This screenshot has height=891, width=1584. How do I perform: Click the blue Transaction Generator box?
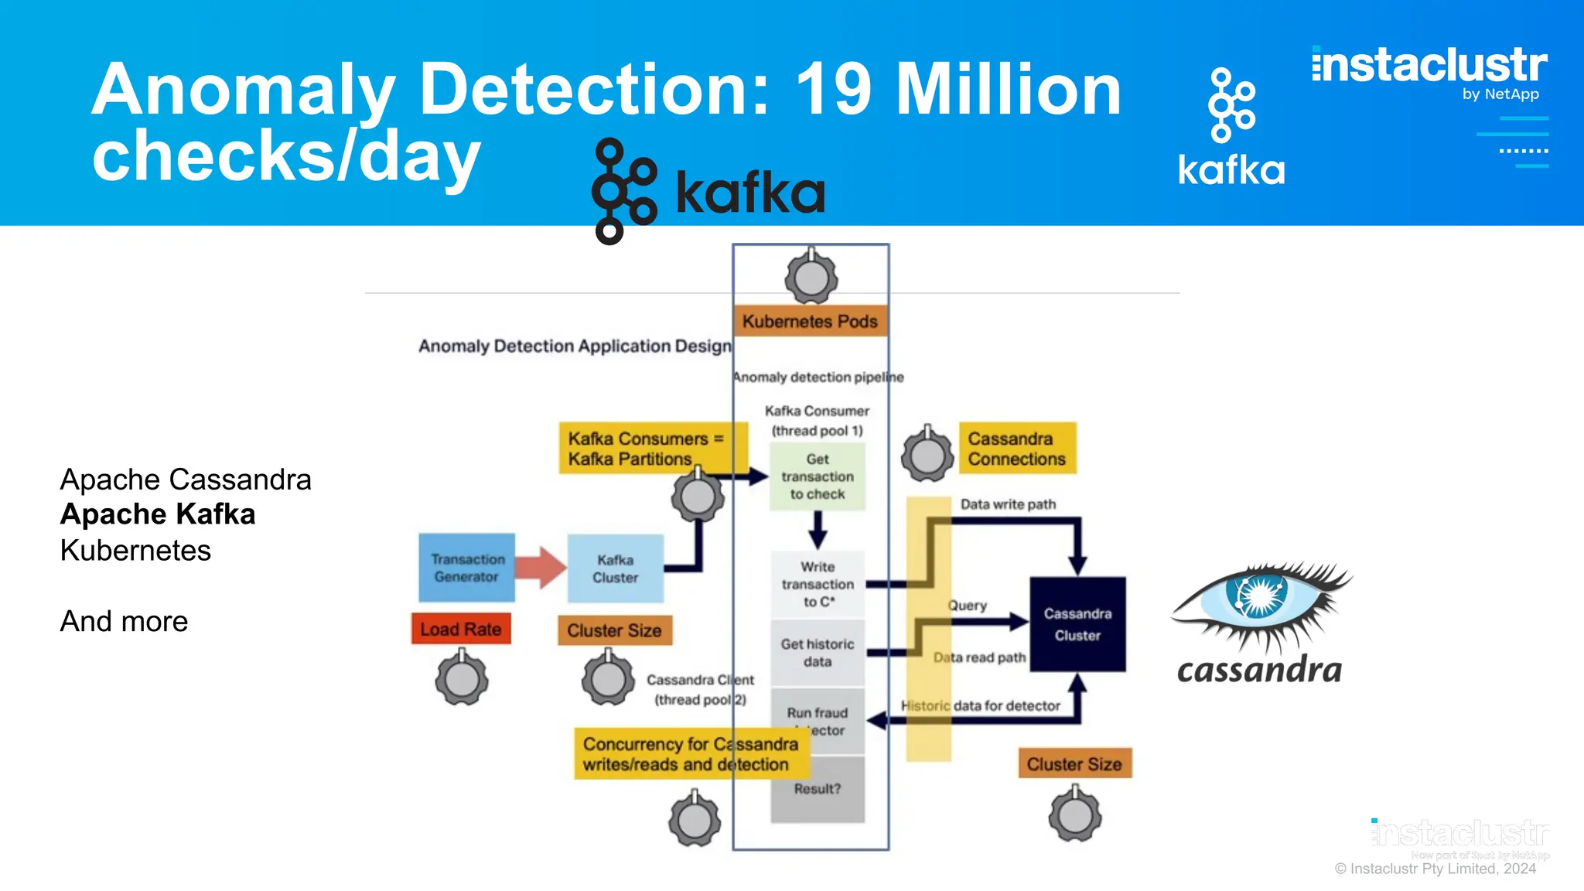[466, 568]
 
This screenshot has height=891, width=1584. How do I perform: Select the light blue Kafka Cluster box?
[616, 568]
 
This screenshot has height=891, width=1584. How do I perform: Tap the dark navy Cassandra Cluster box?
[1077, 624]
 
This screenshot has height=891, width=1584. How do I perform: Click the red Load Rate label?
[461, 630]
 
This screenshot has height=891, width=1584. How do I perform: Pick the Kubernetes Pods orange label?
[810, 321]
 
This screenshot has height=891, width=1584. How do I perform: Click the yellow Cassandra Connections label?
[1017, 449]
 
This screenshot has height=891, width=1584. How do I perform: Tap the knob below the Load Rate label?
[462, 679]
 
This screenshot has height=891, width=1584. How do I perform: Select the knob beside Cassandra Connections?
[927, 455]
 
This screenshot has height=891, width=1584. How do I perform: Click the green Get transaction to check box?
[818, 476]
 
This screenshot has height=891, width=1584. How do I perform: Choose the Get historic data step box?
[818, 653]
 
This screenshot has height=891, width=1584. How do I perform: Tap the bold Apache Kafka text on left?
[158, 514]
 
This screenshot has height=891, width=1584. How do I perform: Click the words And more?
[124, 621]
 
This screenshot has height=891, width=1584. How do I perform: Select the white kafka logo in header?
[1231, 128]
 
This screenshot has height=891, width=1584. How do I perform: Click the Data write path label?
[1008, 504]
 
